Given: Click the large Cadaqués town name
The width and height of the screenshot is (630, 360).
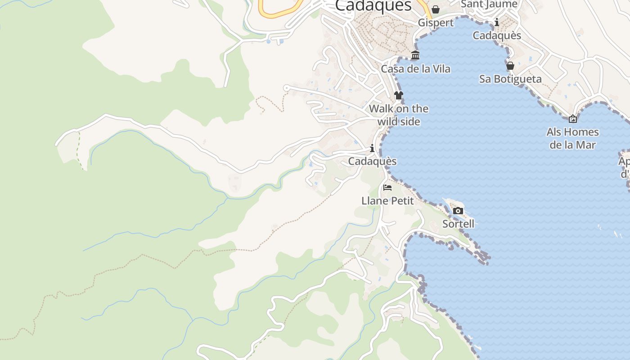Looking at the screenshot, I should (x=373, y=5).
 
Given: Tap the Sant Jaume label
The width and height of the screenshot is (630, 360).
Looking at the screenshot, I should (x=489, y=4).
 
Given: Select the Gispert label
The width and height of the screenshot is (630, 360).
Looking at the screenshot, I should (x=436, y=22).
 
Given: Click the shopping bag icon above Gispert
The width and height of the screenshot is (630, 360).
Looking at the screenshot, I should (x=436, y=9).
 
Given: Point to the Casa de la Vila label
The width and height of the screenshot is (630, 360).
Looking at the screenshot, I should (x=415, y=69).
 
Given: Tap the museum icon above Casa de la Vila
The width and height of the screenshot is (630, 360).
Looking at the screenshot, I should (x=415, y=56).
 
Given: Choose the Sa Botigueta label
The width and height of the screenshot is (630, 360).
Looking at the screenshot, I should (x=510, y=79).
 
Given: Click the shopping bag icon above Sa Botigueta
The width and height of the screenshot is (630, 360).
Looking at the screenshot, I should (x=510, y=66).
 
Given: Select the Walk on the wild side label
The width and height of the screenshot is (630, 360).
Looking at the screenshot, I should (x=399, y=115).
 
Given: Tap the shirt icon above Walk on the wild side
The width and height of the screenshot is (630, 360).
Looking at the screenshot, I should (x=399, y=95).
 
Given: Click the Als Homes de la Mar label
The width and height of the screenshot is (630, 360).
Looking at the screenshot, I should (x=572, y=138).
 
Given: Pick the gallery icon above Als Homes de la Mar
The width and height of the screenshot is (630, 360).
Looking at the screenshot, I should (x=573, y=119).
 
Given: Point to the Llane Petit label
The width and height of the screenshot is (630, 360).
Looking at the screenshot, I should (x=387, y=201).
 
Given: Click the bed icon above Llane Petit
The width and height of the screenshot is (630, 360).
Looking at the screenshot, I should (x=387, y=187).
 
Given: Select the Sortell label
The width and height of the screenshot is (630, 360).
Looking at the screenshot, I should (x=458, y=224).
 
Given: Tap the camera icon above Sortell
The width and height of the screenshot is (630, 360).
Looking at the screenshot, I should (x=458, y=211).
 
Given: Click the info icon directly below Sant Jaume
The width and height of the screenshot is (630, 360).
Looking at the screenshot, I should (x=497, y=22).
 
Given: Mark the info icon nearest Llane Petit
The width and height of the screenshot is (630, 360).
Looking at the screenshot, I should (x=372, y=148).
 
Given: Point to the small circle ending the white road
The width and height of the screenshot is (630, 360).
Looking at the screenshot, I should (x=286, y=88).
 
